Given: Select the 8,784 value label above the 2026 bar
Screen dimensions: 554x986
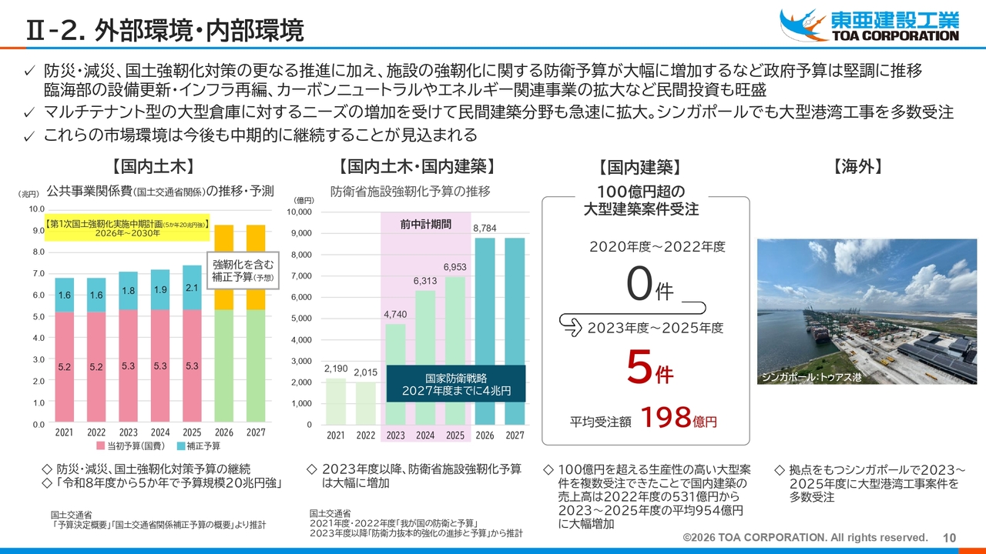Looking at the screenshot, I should click(x=485, y=229).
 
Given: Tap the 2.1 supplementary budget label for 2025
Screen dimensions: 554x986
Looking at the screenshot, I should click(x=192, y=288).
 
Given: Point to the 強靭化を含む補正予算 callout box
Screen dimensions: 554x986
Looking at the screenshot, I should click(x=243, y=271).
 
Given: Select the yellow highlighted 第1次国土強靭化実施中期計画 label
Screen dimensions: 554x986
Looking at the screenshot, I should click(x=127, y=228).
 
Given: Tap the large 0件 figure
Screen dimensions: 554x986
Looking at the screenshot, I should click(x=649, y=287).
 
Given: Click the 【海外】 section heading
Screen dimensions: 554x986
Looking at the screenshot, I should click(x=857, y=167).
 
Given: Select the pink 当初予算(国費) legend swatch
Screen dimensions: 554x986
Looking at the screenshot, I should click(x=100, y=446).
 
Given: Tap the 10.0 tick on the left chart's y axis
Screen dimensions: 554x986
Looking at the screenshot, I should click(x=36, y=209).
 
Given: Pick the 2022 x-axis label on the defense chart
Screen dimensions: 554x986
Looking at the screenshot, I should click(x=365, y=436).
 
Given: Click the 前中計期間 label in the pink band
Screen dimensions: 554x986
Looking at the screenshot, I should click(x=425, y=224).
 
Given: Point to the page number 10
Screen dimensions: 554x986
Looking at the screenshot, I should click(x=949, y=537).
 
